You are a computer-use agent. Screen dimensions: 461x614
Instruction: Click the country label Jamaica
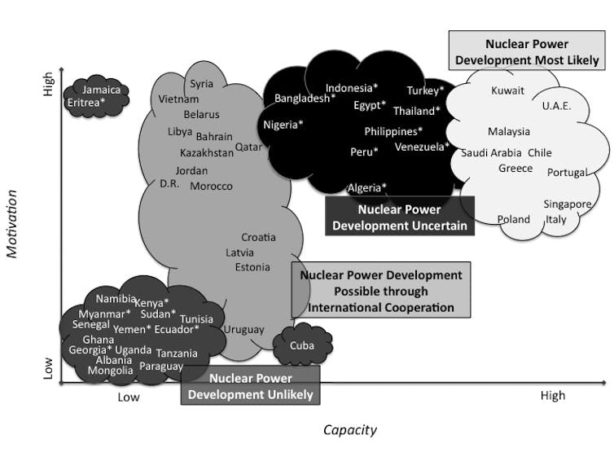102,90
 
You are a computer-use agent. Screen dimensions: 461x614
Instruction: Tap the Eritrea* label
86,103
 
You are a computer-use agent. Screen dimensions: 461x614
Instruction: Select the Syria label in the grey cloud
202,83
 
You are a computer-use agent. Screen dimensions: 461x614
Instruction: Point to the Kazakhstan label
207,152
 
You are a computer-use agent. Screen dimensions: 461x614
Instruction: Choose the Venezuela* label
422,147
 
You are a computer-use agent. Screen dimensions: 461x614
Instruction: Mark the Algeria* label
367,188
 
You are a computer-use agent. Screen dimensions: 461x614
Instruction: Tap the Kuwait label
508,90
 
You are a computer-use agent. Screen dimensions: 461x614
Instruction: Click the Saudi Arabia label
491,153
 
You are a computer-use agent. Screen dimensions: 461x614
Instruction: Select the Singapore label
568,204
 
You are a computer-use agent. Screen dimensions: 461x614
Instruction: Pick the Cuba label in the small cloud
302,346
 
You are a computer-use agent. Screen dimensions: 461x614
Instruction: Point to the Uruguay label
244,330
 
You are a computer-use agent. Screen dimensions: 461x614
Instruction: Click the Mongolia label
110,371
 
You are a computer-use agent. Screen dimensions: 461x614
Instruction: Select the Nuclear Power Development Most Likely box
527,51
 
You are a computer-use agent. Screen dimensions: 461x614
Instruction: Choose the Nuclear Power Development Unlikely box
250,386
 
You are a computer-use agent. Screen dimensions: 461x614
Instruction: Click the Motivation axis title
12,224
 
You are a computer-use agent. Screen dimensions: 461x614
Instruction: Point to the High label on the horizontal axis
552,396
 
